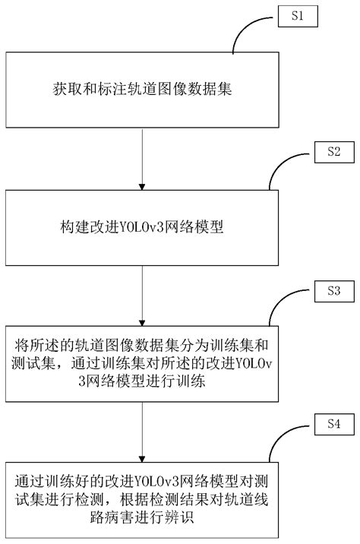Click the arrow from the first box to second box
click(142, 159)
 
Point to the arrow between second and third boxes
click(142, 296)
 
